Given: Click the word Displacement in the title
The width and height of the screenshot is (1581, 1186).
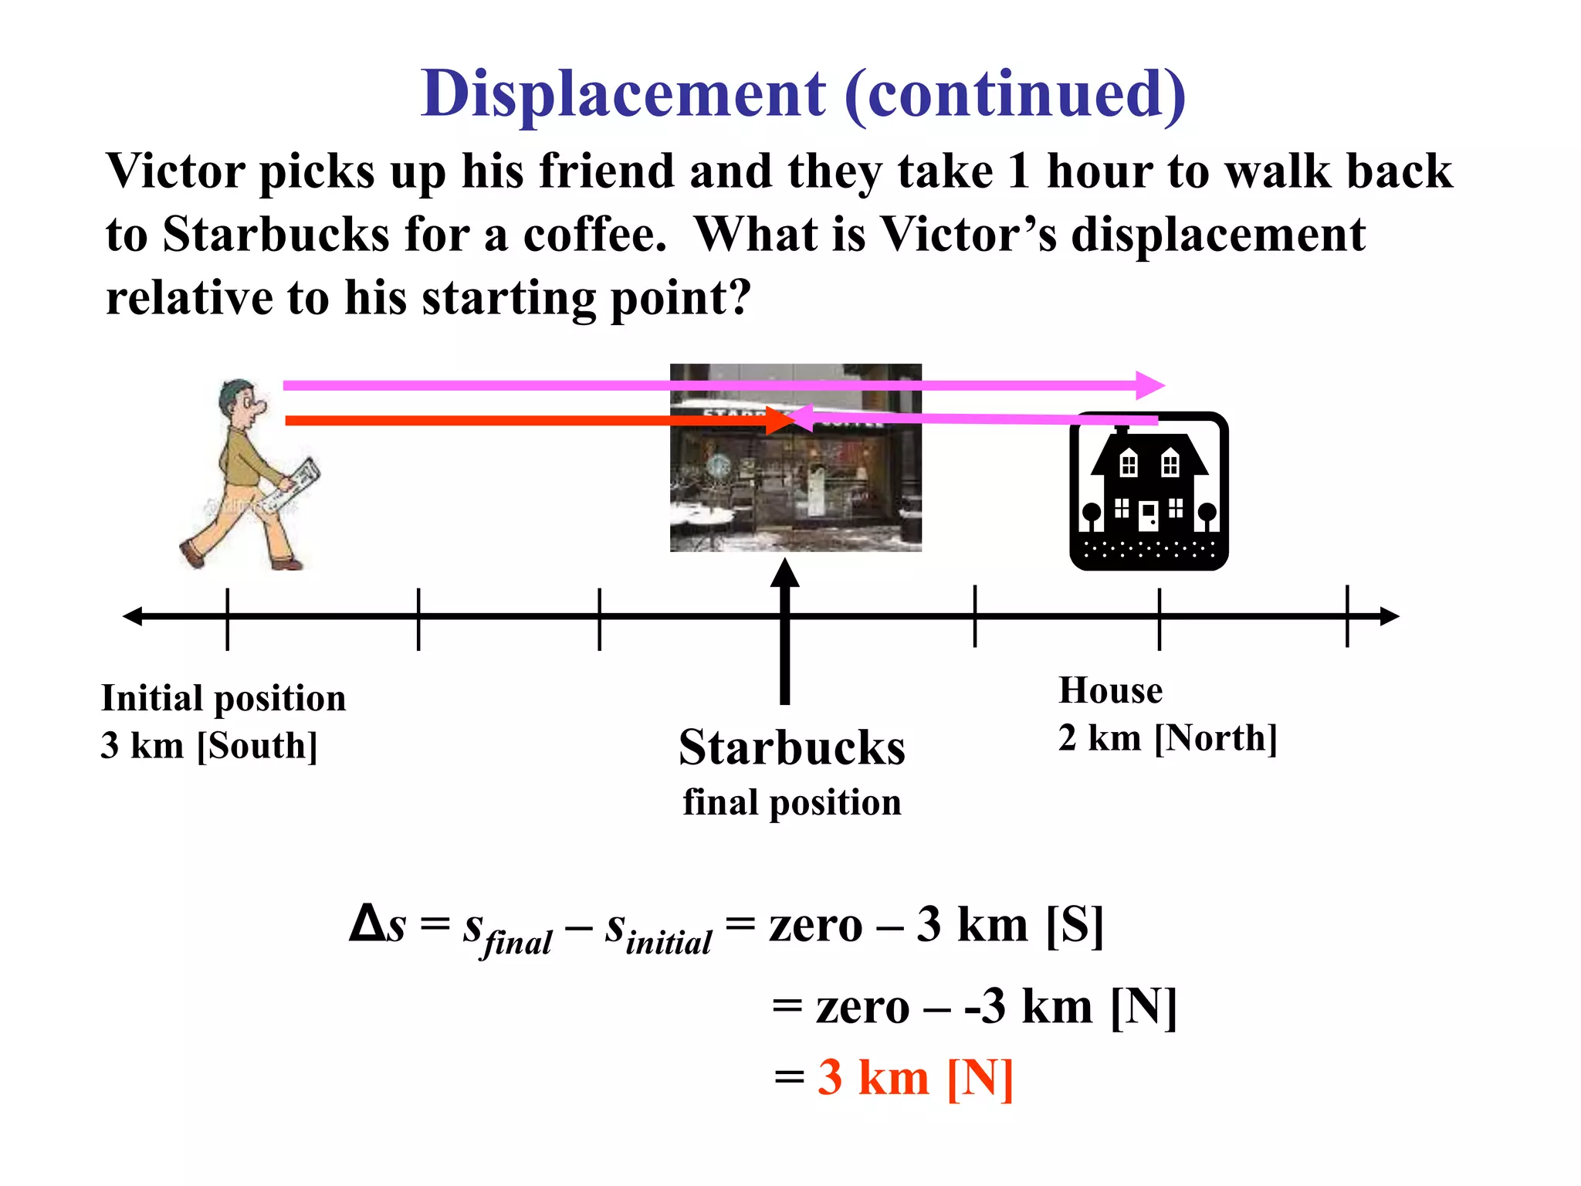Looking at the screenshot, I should click(x=623, y=94).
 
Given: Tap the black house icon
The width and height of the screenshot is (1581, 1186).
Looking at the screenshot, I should click(x=1148, y=492).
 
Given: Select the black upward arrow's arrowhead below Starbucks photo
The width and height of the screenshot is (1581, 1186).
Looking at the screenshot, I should click(x=784, y=573).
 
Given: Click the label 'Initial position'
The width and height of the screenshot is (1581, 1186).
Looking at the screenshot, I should click(x=223, y=698).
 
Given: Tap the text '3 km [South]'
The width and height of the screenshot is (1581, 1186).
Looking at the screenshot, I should click(x=208, y=746).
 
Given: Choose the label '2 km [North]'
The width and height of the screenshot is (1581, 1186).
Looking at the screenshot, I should click(x=1167, y=738).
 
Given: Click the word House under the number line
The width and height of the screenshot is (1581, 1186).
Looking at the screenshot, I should click(x=1110, y=690).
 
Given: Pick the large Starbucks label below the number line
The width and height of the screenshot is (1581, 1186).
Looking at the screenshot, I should click(x=792, y=747).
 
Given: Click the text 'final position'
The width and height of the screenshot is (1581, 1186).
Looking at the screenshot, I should click(x=792, y=802).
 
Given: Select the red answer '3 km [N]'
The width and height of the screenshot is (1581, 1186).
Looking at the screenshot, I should click(x=915, y=1077).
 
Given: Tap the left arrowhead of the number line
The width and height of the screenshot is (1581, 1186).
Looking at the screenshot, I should click(x=133, y=616).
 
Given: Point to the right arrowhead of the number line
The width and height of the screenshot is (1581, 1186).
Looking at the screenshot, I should click(x=1389, y=616).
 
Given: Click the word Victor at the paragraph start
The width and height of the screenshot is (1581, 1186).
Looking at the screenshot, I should click(x=175, y=171).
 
